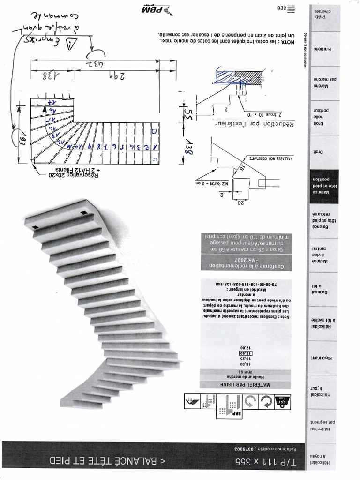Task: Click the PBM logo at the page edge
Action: [x=156, y=9]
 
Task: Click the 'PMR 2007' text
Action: [x=246, y=259]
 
